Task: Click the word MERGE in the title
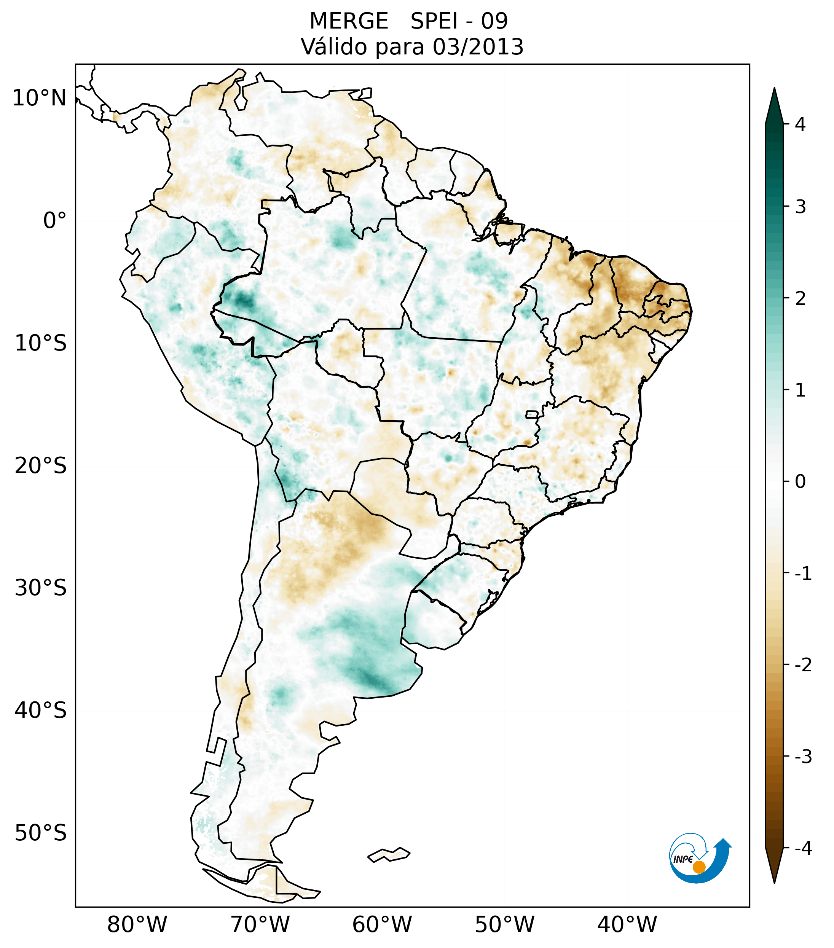click(349, 21)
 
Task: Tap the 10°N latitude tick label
click(39, 98)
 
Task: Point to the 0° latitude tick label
click(55, 221)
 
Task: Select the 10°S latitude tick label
click(41, 344)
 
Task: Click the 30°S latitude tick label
click(41, 588)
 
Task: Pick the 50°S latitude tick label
click(41, 833)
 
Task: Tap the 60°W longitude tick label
click(382, 924)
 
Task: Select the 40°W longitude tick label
click(627, 924)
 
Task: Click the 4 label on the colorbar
click(800, 124)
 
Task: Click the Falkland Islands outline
click(389, 854)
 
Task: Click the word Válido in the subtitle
click(331, 47)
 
